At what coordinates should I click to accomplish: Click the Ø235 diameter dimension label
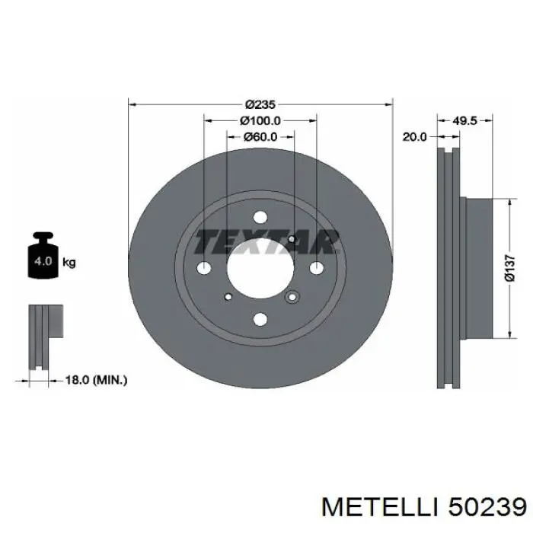click(x=260, y=104)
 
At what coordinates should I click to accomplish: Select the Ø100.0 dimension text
click(x=260, y=120)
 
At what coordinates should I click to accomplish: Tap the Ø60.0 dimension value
click(x=260, y=137)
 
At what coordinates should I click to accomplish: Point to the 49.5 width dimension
click(x=465, y=120)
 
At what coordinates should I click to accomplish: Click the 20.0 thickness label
click(x=414, y=136)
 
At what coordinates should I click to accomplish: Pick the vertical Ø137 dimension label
click(x=510, y=269)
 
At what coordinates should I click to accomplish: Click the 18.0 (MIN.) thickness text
click(x=96, y=380)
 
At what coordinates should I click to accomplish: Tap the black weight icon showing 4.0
click(x=43, y=255)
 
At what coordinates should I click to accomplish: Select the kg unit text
click(x=69, y=263)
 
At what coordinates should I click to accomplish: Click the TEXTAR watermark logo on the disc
click(x=266, y=241)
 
